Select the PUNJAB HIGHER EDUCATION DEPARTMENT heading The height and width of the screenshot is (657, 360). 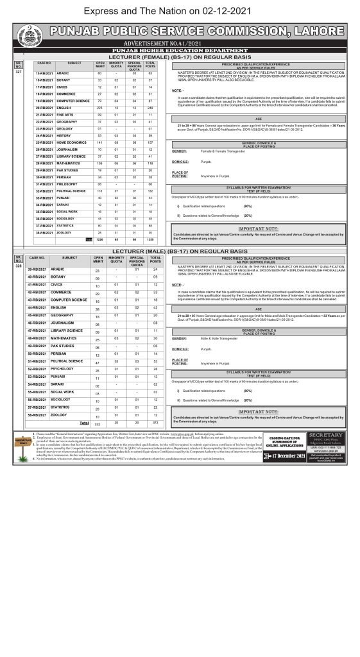[179, 49]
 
